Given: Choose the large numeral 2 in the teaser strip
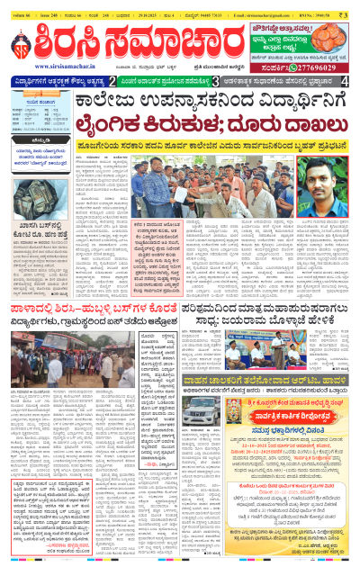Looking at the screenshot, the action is pos(111,82).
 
